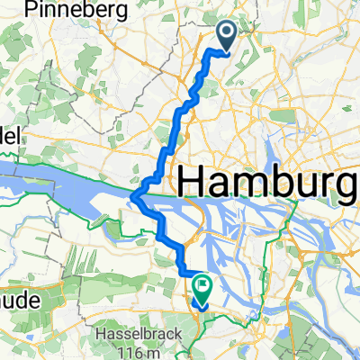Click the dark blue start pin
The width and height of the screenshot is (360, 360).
click(225, 35)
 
